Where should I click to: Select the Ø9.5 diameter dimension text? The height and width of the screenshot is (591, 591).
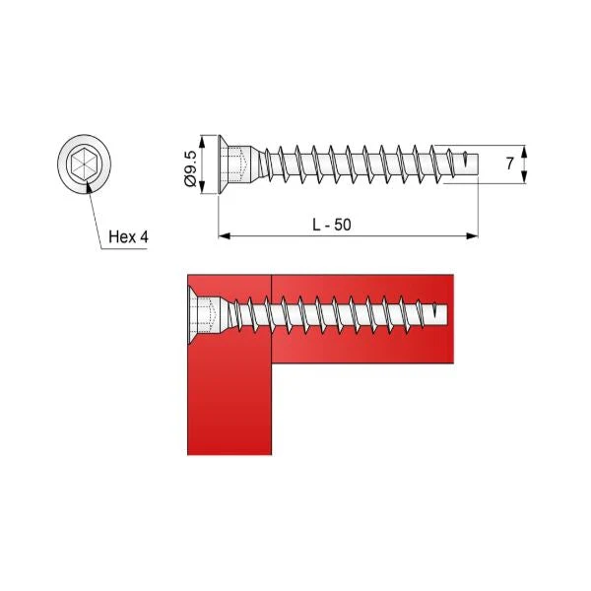(192, 164)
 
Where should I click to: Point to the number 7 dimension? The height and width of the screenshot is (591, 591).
(509, 164)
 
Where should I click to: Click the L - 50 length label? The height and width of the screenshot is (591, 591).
(331, 225)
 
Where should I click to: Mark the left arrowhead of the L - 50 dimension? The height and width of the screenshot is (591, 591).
(224, 235)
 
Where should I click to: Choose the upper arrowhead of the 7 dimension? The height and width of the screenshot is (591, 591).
(524, 151)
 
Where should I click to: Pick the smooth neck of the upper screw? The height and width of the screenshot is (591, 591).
(253, 164)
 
